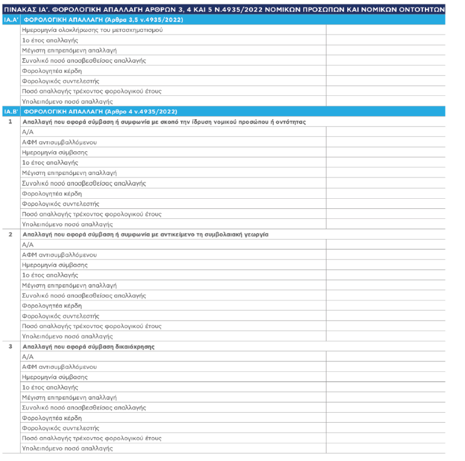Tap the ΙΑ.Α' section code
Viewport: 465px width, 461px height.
tap(10, 20)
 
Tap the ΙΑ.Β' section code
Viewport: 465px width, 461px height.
tap(10, 112)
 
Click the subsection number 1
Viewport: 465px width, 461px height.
tap(10, 122)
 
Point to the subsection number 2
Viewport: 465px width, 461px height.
tap(10, 234)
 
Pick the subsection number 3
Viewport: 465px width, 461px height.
tap(10, 346)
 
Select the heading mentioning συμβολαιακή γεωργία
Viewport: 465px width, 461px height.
tap(145, 234)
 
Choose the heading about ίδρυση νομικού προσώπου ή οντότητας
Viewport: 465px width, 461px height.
tap(164, 122)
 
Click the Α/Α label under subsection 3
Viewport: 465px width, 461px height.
tap(28, 356)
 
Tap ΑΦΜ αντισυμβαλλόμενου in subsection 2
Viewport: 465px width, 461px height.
tap(59, 255)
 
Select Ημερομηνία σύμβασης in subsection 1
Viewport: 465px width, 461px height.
tap(55, 152)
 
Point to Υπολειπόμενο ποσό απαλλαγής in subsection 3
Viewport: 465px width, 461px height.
tap(67, 448)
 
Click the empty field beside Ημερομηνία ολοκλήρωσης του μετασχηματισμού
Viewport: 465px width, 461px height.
tap(385, 30)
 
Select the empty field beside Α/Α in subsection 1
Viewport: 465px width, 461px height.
tap(385, 132)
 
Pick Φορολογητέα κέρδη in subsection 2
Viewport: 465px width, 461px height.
tap(51, 305)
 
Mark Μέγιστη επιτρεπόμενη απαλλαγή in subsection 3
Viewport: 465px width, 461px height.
tap(69, 397)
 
